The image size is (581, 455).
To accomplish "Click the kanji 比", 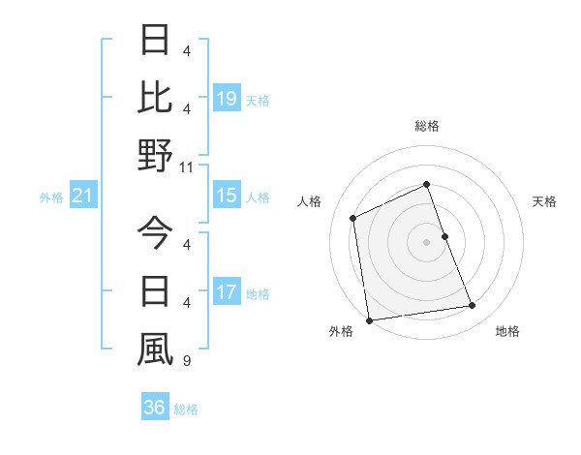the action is (x=155, y=97).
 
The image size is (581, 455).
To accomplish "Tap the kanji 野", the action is (x=155, y=155).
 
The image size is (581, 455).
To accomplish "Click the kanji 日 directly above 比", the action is (x=155, y=41).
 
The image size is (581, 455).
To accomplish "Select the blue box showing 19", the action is (x=227, y=98).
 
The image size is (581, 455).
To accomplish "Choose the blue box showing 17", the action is (x=227, y=292).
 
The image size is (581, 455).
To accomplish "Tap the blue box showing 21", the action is (x=83, y=197).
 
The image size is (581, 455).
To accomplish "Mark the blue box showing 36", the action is (x=155, y=408).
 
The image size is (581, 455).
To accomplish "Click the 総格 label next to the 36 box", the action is (x=186, y=409).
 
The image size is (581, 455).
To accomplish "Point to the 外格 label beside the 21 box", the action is (x=51, y=197).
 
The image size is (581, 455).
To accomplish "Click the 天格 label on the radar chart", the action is (x=545, y=201).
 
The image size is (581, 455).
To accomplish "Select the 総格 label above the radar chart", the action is (x=427, y=126).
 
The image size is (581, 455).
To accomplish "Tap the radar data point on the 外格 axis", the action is (x=369, y=319).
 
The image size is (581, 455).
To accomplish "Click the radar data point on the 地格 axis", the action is (x=473, y=306).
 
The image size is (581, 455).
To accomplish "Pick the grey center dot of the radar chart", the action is (x=427, y=241).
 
